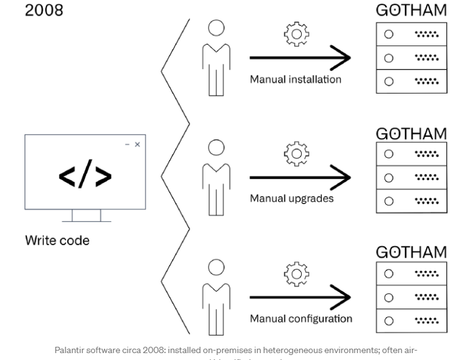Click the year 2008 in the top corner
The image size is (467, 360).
point(43,11)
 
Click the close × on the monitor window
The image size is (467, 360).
point(138,145)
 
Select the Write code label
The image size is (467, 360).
point(57,241)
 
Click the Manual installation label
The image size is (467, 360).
point(295,80)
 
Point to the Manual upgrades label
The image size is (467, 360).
point(292,199)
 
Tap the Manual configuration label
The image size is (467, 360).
point(301,319)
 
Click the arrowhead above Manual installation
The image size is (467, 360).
point(343,58)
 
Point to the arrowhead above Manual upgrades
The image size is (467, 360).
point(343,178)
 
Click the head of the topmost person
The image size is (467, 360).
point(216,28)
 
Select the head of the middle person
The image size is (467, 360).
point(216,148)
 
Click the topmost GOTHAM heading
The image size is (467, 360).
point(411,11)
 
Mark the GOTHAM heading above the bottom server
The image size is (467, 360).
point(411,252)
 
